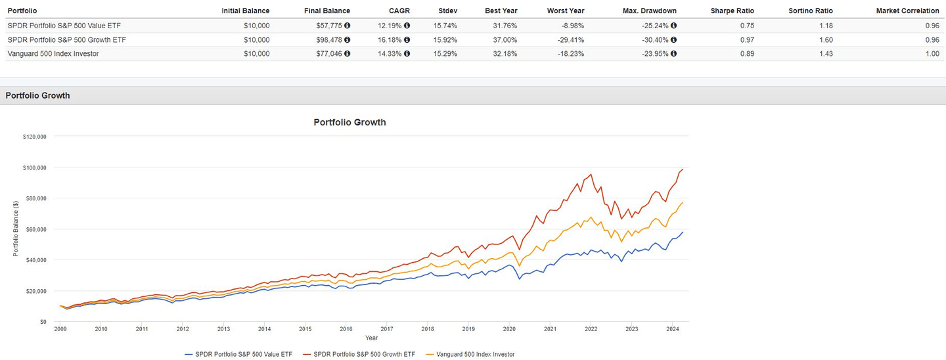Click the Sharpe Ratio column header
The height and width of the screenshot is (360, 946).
click(732, 11)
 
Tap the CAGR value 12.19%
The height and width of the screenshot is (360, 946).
click(388, 26)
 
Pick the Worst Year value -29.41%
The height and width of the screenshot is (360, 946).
click(569, 39)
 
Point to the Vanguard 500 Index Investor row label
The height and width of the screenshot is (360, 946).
click(53, 54)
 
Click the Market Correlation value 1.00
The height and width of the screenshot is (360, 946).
click(932, 54)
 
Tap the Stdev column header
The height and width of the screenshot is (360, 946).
click(449, 11)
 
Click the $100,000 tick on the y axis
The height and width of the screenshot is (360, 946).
click(34, 168)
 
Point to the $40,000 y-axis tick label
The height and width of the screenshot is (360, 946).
click(35, 260)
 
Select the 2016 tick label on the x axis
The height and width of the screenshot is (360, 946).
click(346, 329)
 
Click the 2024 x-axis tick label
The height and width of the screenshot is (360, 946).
click(672, 329)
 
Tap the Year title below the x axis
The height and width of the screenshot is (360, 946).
click(371, 338)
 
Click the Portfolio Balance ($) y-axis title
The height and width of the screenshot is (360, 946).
click(16, 229)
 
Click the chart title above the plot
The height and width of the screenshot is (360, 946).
click(349, 122)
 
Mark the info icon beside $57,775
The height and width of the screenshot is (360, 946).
click(347, 26)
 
